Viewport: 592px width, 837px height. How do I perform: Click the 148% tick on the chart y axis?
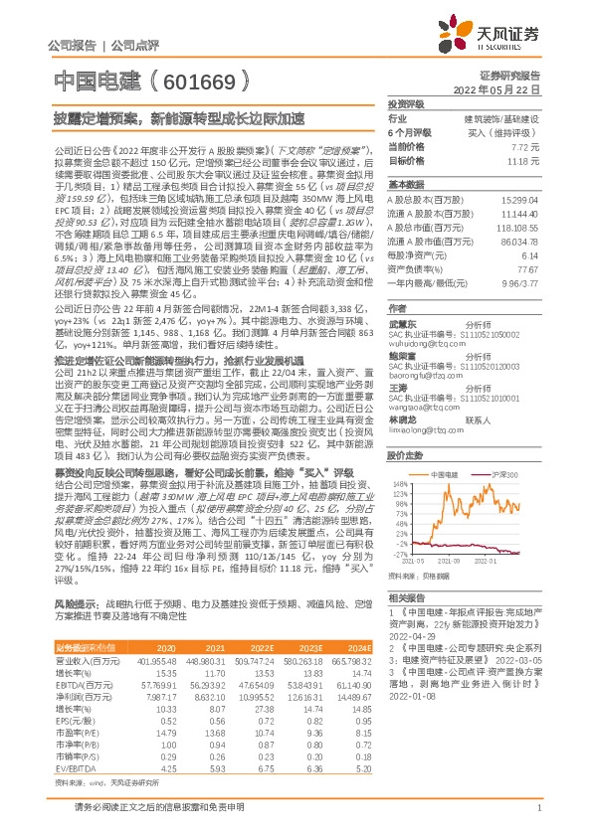pyautogui.click(x=401, y=485)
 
